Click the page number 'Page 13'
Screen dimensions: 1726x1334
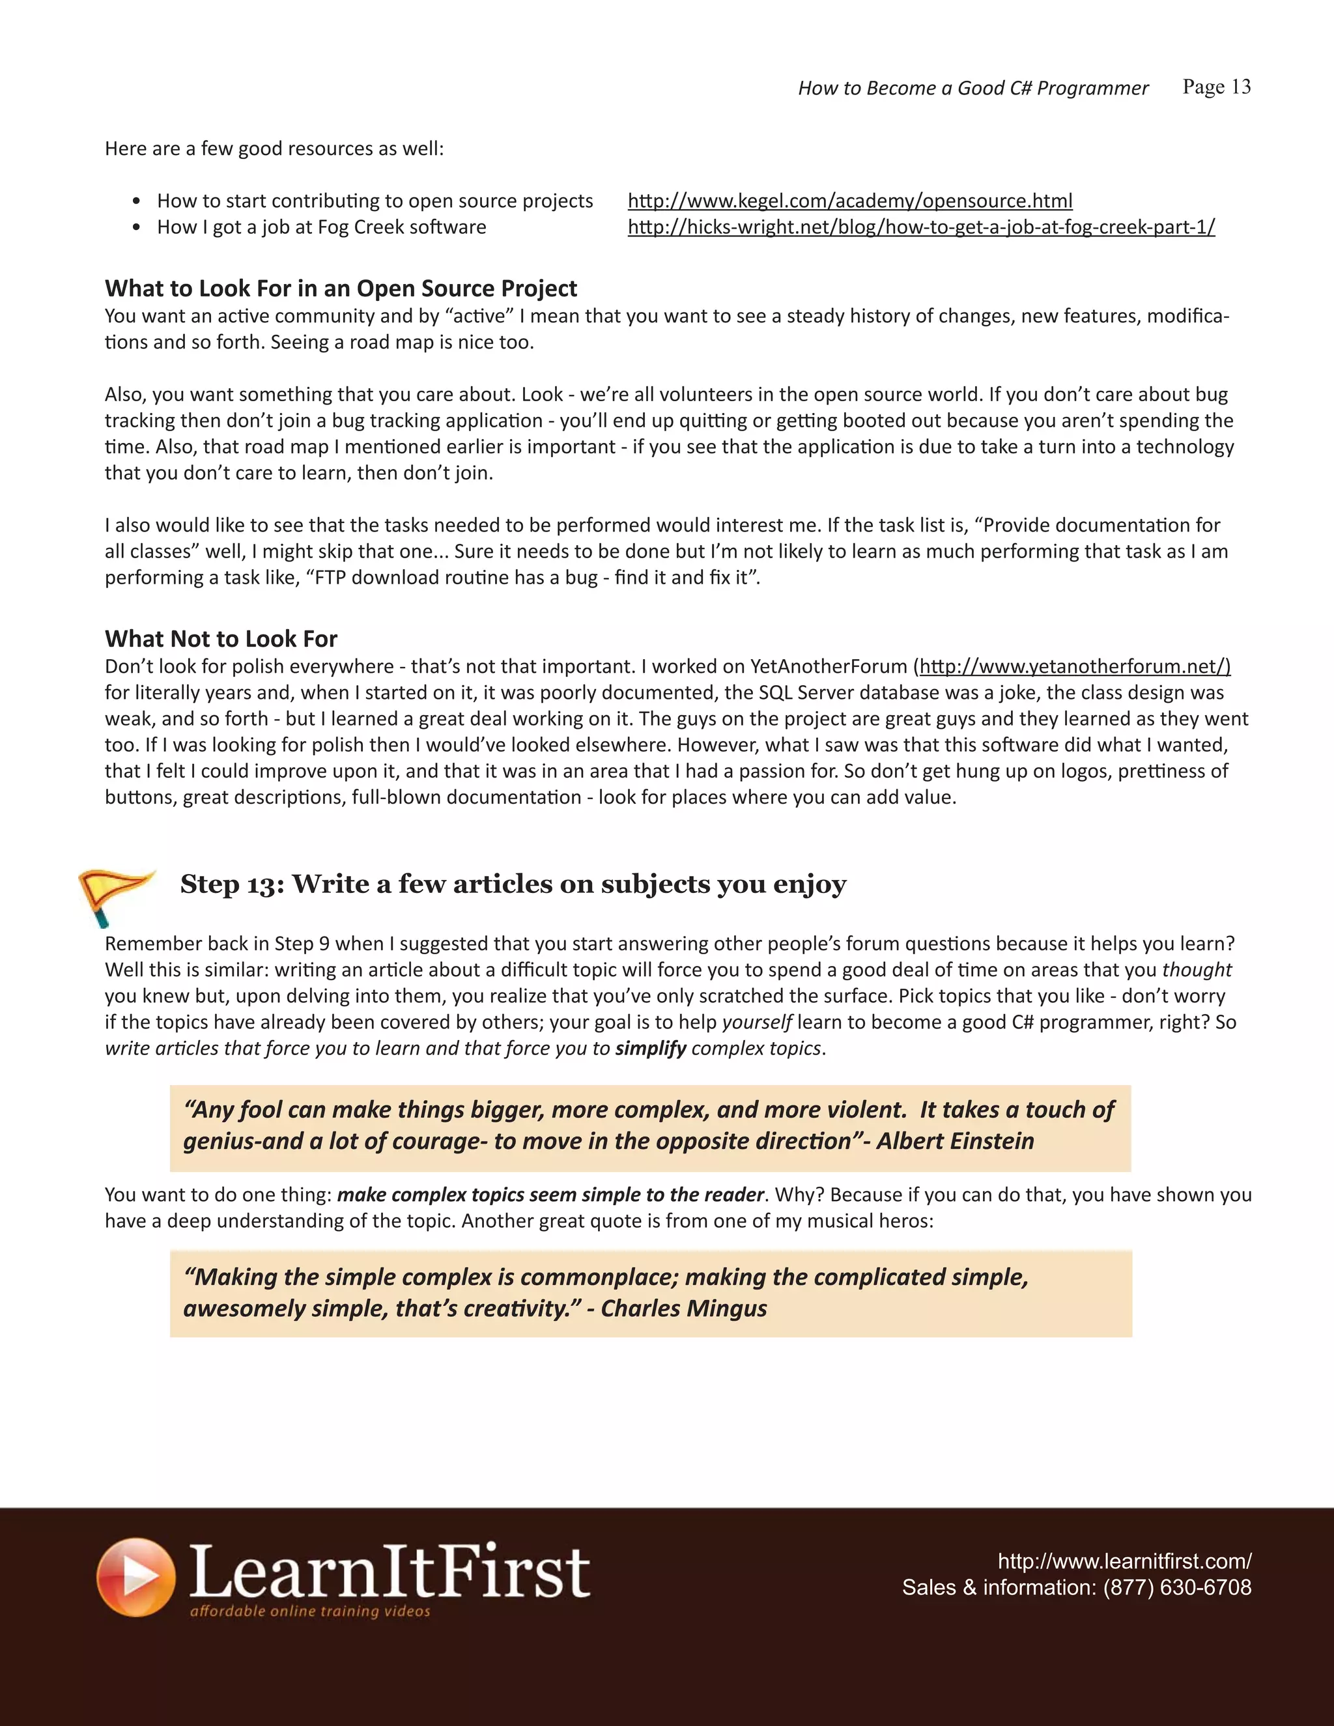pyautogui.click(x=1216, y=87)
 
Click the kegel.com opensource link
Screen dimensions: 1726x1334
pyautogui.click(x=849, y=201)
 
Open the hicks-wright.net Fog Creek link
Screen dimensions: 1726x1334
pyautogui.click(x=920, y=227)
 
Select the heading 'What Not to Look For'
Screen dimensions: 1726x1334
pyautogui.click(x=221, y=638)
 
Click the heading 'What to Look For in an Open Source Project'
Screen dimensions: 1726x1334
pyautogui.click(x=341, y=289)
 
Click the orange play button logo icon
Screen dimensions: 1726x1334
pyautogui.click(x=136, y=1577)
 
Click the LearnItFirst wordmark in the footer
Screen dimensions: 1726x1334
pyautogui.click(x=390, y=1571)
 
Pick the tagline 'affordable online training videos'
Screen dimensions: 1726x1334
pyautogui.click(x=310, y=1611)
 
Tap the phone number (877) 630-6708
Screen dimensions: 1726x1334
pyautogui.click(x=1177, y=1588)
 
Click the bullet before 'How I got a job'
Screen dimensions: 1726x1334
pyautogui.click(x=137, y=227)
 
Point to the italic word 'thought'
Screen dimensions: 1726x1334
pyautogui.click(x=1197, y=970)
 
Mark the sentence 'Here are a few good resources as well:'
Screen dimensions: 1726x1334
pyautogui.click(x=274, y=149)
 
